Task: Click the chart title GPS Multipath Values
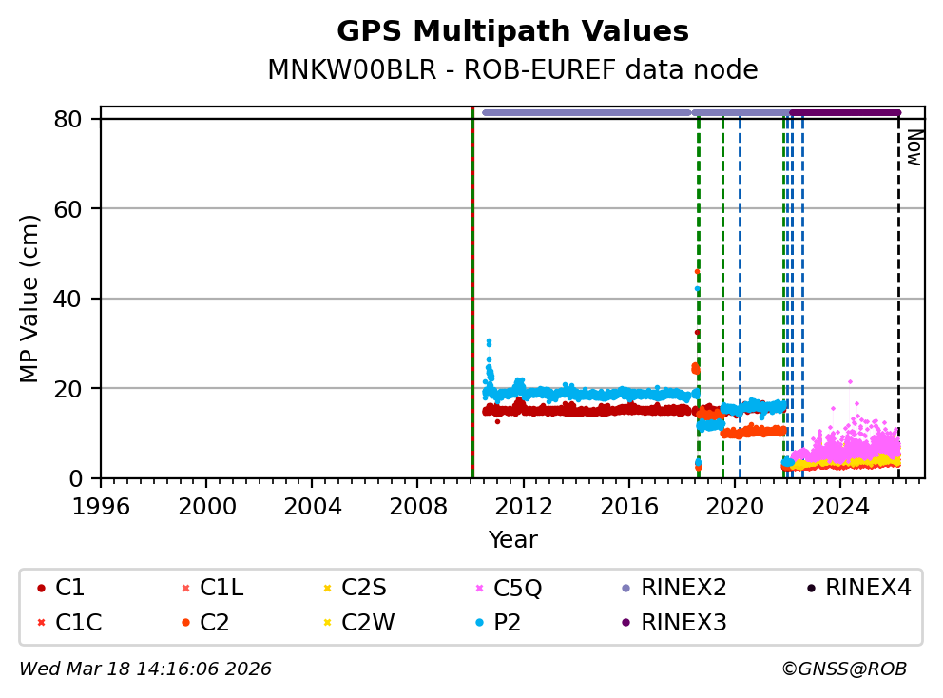[512, 32]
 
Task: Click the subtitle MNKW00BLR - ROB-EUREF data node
[512, 70]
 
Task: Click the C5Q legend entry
[511, 588]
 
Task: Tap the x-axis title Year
[512, 540]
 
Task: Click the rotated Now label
[914, 147]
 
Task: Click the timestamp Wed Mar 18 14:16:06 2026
[145, 669]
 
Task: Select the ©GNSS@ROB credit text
[843, 669]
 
